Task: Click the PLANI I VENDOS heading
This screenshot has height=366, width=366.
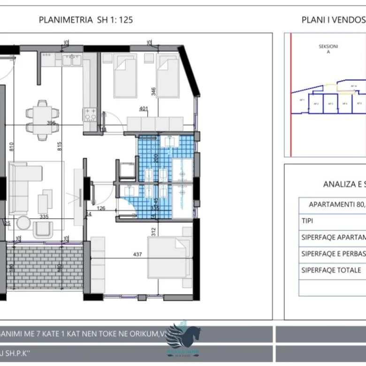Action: click(x=334, y=20)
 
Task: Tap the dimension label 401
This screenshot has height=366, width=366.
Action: click(x=144, y=109)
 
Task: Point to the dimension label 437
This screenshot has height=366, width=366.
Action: click(x=137, y=254)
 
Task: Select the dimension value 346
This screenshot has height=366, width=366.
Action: click(x=153, y=91)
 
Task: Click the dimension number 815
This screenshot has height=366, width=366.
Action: click(x=72, y=146)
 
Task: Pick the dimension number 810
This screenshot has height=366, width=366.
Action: click(x=11, y=146)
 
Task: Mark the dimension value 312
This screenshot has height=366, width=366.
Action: click(x=153, y=231)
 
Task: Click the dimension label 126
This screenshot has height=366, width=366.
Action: click(x=100, y=208)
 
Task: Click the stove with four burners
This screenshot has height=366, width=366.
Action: click(x=90, y=114)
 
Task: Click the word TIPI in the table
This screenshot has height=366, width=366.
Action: click(x=308, y=221)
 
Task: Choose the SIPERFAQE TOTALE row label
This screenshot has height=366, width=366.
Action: click(x=331, y=270)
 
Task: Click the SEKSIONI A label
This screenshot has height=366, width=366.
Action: click(x=328, y=49)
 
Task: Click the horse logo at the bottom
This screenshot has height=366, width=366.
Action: click(x=184, y=336)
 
